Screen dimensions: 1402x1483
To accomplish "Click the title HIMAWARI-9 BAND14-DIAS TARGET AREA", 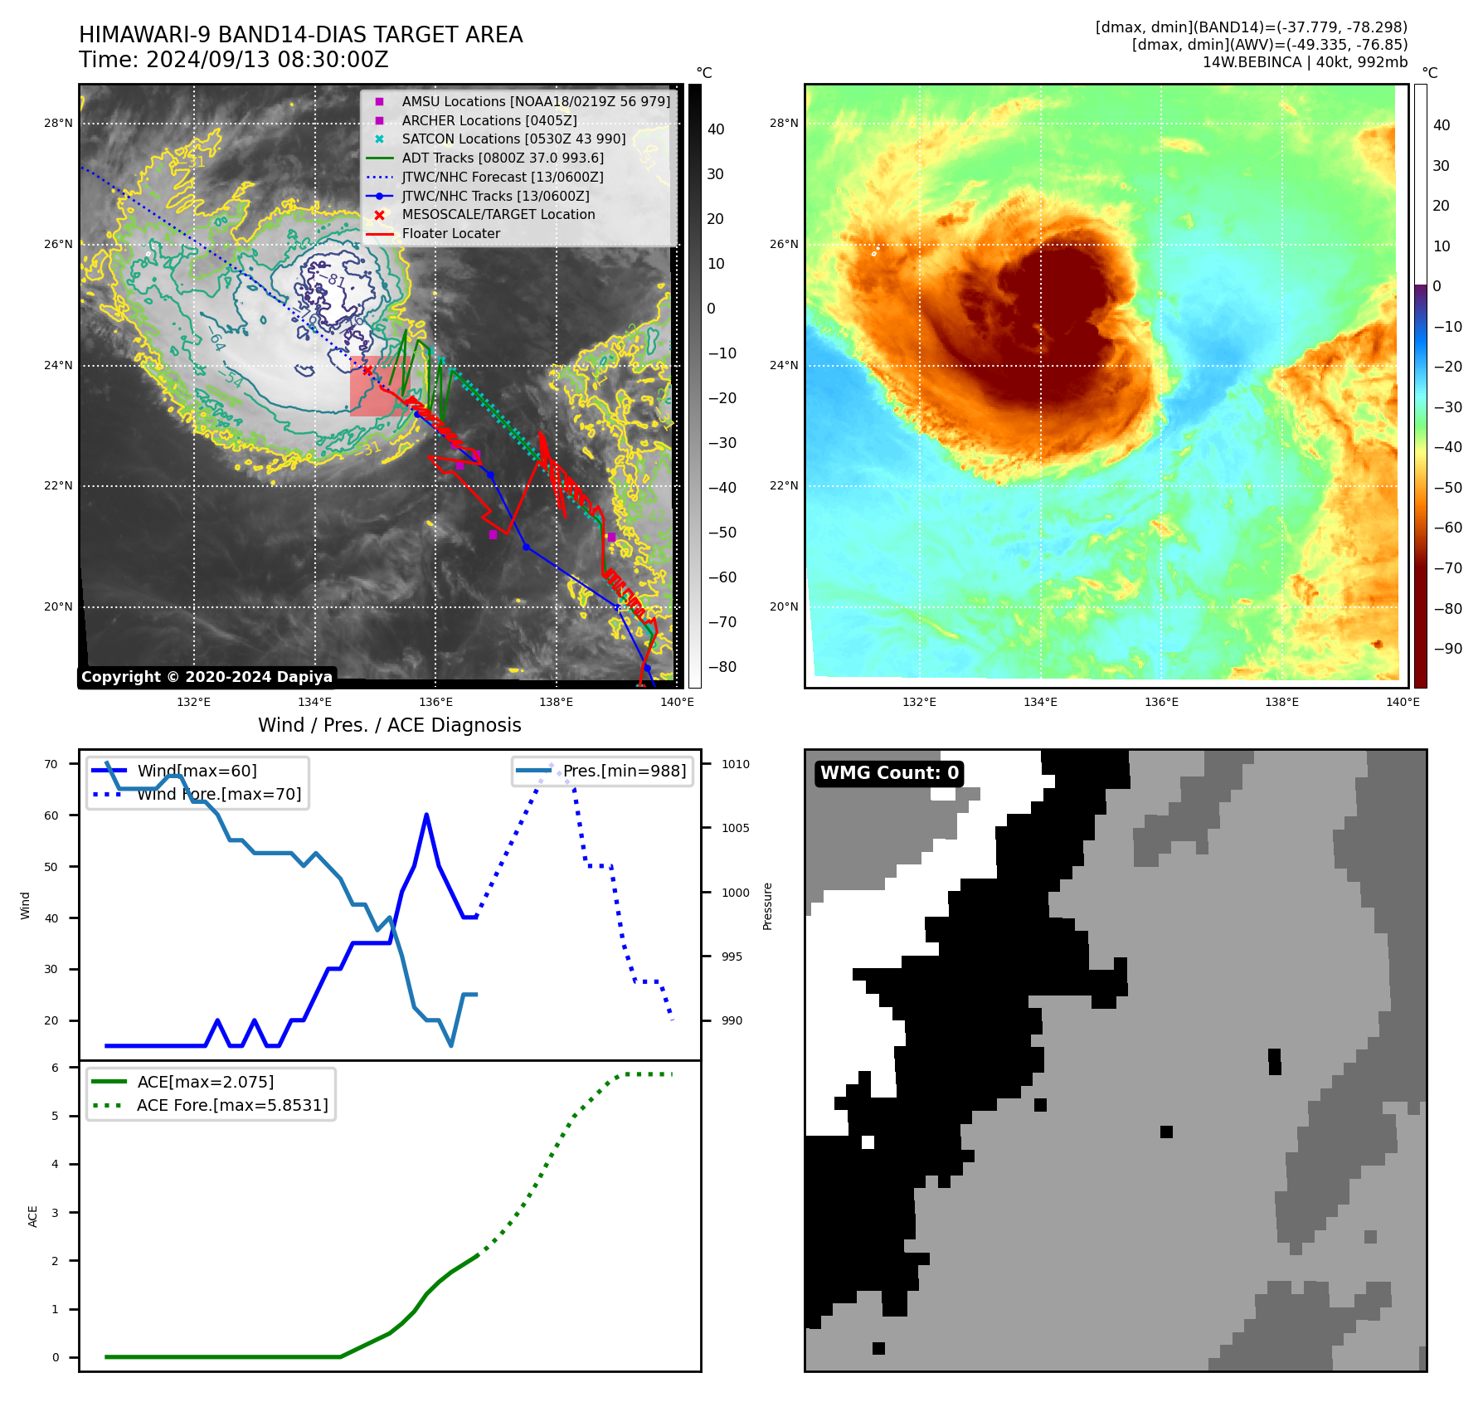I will point(300,35).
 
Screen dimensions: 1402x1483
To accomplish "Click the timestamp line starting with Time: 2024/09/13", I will point(233,60).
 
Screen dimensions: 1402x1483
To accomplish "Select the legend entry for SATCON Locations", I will point(513,139).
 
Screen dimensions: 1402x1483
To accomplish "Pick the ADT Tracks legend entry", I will point(503,158).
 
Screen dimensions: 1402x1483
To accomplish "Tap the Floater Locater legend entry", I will point(450,234).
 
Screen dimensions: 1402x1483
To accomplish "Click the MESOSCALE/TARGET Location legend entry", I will point(498,215).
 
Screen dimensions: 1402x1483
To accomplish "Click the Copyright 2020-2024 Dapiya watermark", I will point(207,677).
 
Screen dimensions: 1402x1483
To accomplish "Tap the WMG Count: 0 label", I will point(889,773).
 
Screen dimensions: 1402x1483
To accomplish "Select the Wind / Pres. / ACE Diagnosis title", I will point(389,725).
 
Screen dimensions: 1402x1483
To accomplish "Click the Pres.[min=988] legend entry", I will point(624,772).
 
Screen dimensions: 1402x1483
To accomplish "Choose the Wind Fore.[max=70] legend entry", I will point(219,795).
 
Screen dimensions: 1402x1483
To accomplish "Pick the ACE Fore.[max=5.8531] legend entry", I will point(232,1105).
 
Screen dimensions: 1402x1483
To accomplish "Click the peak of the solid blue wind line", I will point(426,815).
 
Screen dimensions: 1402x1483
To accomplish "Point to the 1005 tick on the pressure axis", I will point(735,828).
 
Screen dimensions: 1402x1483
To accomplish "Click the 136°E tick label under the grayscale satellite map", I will point(435,703).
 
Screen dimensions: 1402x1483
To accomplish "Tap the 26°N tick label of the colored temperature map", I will point(783,245).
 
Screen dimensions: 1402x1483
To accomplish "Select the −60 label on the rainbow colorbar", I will point(1447,528).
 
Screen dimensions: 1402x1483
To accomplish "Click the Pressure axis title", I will point(768,906).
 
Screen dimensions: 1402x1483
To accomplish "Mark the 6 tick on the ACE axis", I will point(56,1068).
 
